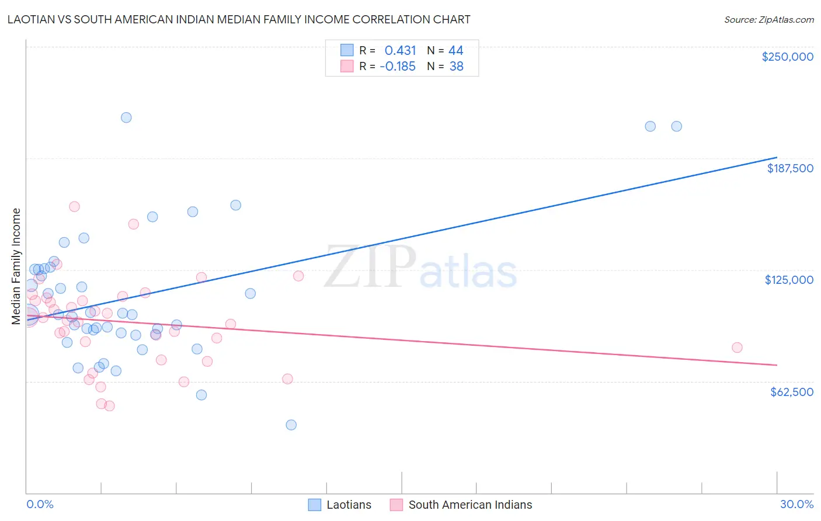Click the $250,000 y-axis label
tap(787, 57)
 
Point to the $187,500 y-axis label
tap(789, 168)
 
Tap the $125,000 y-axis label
tap(789, 280)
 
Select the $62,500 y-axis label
tap(791, 392)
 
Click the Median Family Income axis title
tap(16, 266)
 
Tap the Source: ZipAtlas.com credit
tap(768, 20)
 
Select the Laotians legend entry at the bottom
tap(349, 505)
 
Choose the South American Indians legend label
tap(470, 505)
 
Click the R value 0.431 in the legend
tap(400, 51)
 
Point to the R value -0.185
tap(397, 67)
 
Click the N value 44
tap(455, 51)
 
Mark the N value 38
tap(456, 67)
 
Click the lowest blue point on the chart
tap(291, 425)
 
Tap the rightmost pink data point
tap(737, 348)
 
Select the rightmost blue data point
tap(676, 126)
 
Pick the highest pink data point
tap(74, 206)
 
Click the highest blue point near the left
tap(126, 117)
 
